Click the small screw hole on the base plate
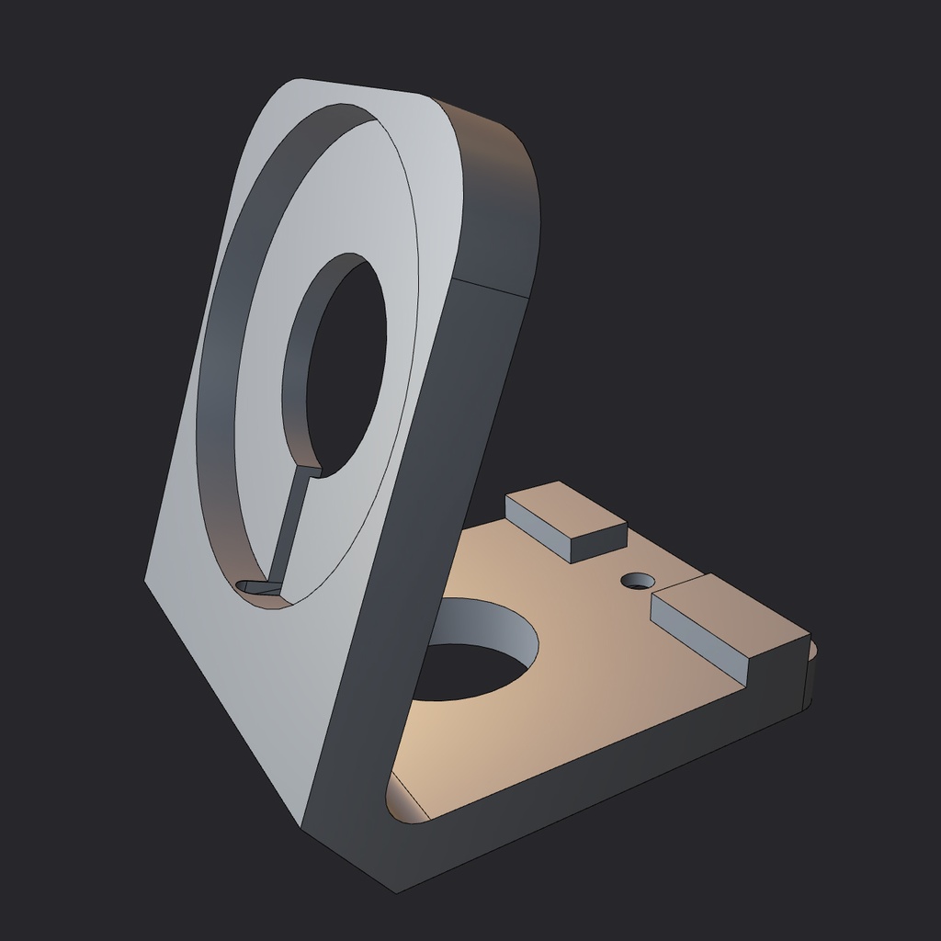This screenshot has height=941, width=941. [638, 581]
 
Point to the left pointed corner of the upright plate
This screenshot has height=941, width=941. [147, 579]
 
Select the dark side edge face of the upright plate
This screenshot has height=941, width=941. [414, 551]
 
